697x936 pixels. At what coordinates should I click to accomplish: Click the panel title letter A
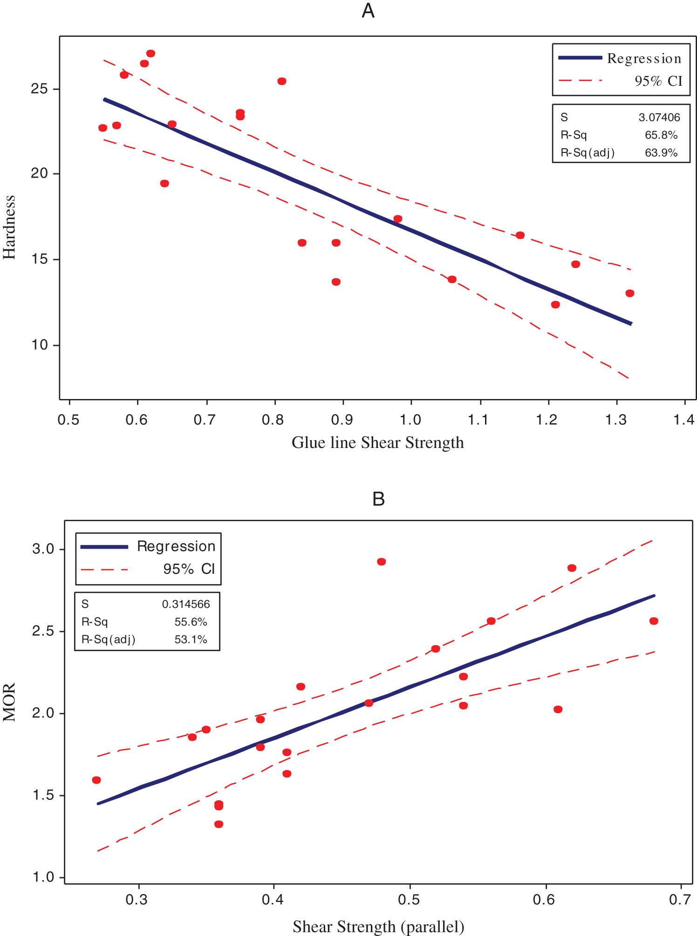tap(368, 10)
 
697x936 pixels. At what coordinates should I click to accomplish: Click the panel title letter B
tap(378, 499)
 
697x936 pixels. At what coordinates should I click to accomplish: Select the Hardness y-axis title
tap(9, 227)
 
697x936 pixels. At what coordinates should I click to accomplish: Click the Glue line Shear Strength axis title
tap(377, 442)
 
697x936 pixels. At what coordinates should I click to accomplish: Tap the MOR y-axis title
tap(9, 702)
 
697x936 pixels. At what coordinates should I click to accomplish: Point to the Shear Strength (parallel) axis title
tap(378, 927)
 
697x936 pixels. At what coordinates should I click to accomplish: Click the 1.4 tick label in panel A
tap(683, 420)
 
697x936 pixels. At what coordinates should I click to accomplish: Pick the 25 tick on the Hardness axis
tap(40, 89)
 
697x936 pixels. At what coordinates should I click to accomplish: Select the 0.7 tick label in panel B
tap(680, 900)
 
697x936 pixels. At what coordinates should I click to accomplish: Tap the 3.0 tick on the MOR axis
tap(43, 549)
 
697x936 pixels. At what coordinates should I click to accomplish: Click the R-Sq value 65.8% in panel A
tap(661, 135)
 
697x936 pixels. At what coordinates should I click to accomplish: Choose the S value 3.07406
tap(659, 117)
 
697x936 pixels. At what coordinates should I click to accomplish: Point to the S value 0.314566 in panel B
tap(186, 605)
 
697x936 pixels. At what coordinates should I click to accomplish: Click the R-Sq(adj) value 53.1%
tap(191, 640)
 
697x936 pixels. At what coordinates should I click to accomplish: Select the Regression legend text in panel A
tap(644, 58)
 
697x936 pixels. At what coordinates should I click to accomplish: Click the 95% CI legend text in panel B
tap(189, 569)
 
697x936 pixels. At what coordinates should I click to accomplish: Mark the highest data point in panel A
tap(150, 54)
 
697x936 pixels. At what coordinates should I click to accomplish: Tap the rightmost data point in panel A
tap(629, 293)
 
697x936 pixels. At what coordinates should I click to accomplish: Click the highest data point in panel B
tap(381, 562)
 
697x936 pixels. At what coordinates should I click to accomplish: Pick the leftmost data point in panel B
tap(96, 780)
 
